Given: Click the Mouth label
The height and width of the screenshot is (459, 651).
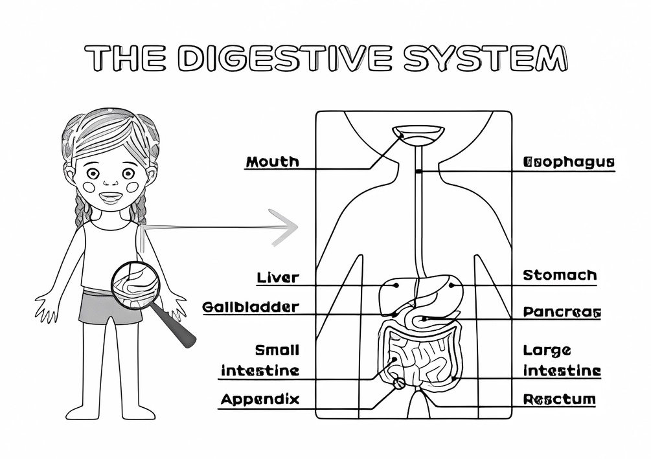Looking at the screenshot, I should coord(272,161).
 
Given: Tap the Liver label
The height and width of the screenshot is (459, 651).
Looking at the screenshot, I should coord(278,278).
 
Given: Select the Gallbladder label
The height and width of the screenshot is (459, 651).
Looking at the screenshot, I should coord(251,307).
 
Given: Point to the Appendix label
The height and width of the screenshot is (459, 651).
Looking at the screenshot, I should coord(260,399).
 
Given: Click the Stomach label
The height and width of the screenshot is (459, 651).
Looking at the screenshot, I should coord(560,276).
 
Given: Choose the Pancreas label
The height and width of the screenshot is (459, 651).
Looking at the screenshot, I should coord(562,313).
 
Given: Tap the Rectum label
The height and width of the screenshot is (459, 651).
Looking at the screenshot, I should coord(559,399).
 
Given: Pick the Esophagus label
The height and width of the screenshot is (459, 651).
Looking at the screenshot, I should coord(568,162).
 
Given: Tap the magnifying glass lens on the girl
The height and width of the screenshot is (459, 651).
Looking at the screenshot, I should coord(135,285).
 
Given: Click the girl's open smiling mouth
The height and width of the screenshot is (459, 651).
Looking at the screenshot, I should coord(110,197).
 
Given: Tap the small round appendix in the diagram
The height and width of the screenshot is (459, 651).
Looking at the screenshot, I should coord(399,383).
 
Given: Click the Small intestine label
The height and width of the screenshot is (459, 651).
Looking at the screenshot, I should coord(260,361).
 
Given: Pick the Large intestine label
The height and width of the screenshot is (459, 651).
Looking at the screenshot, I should coord(562,361).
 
